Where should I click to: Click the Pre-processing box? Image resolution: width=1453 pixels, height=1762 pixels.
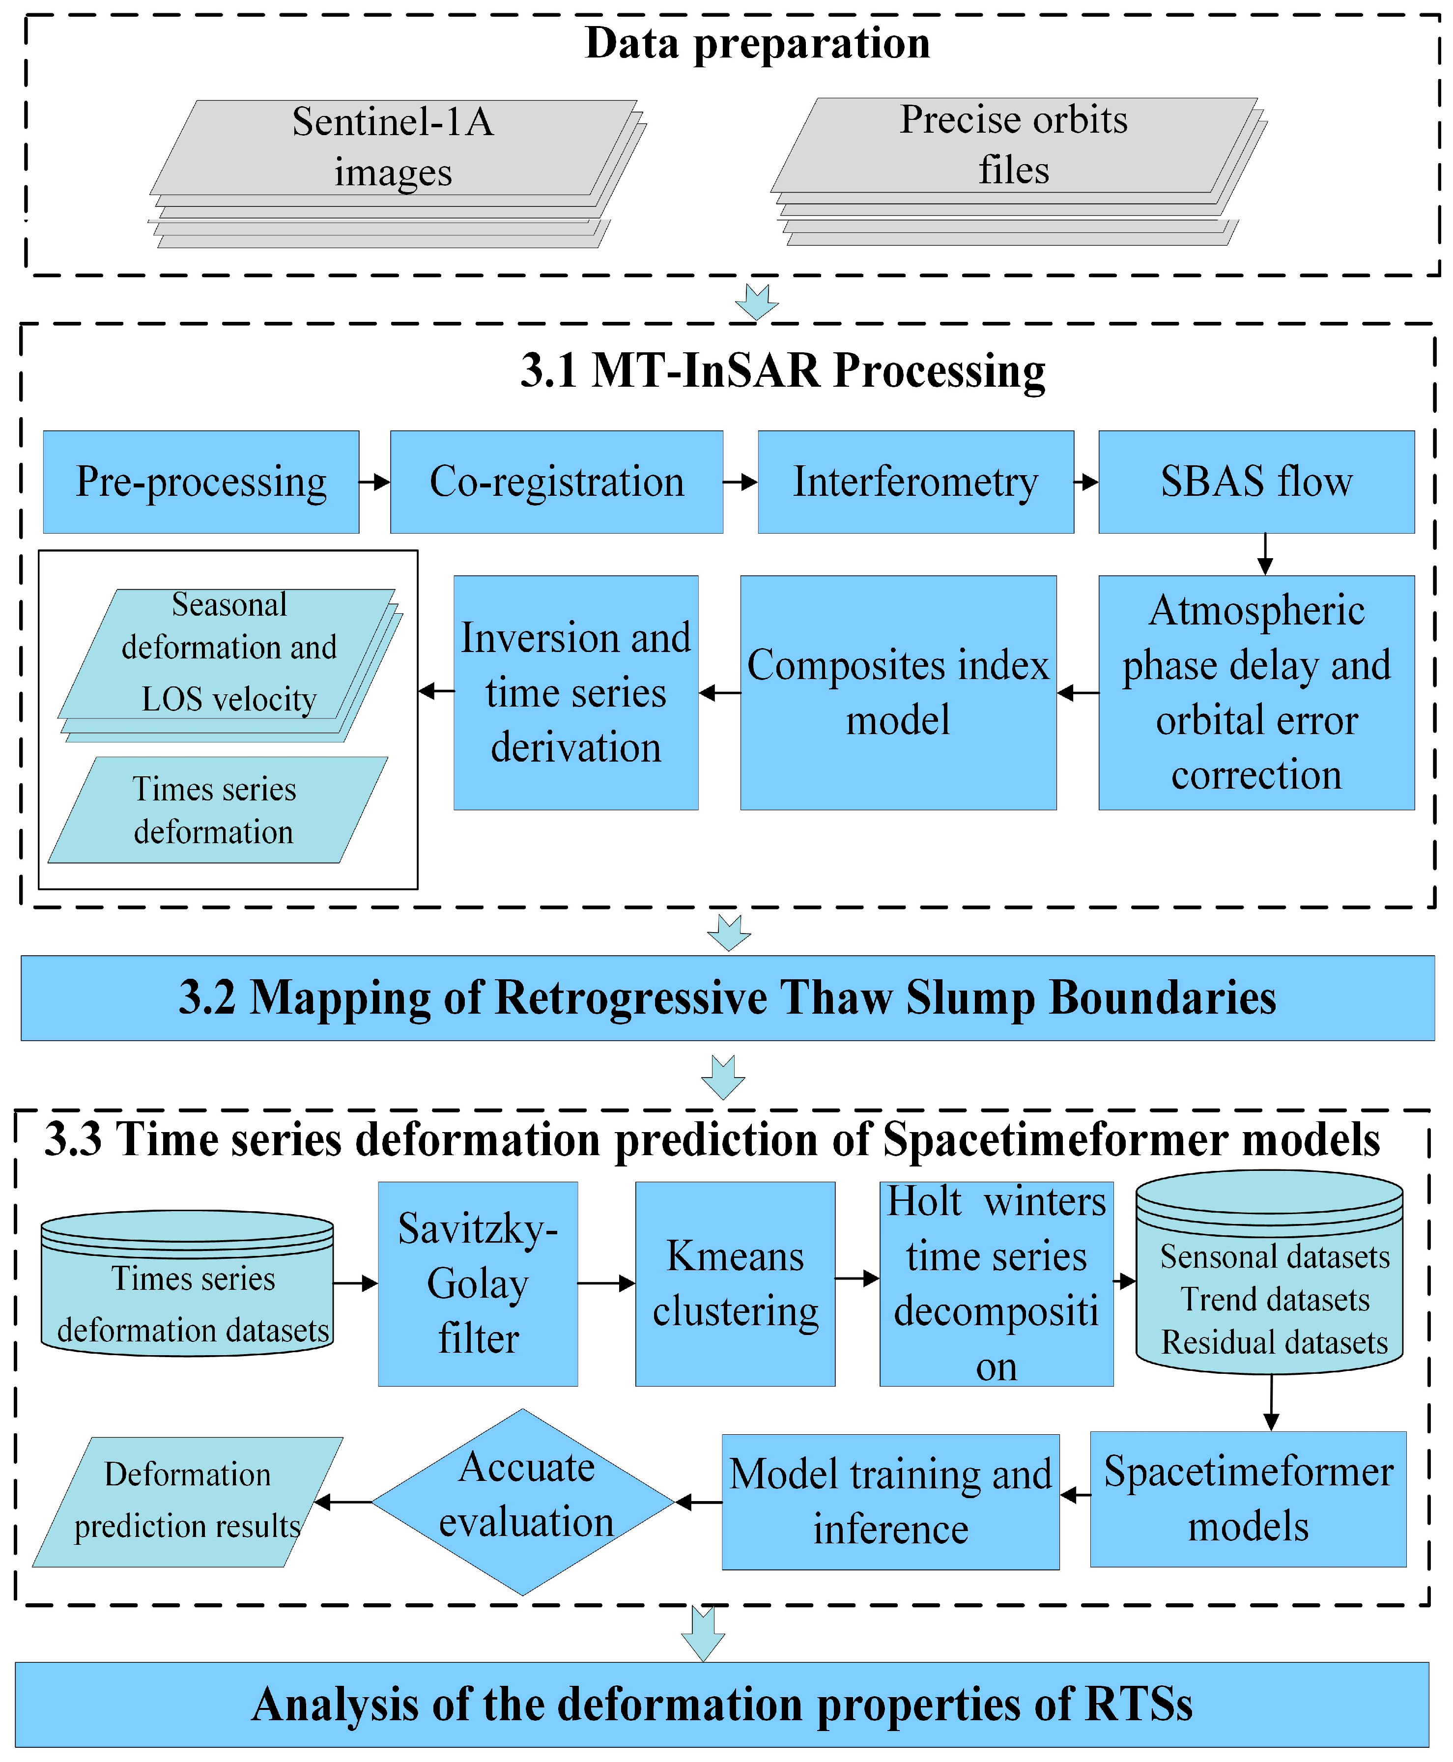pos(201,482)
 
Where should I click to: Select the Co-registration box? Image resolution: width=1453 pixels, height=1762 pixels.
pos(557,482)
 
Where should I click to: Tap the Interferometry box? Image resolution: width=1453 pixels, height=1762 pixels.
pos(915,482)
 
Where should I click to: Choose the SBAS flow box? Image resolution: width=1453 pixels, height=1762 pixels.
pos(1255,482)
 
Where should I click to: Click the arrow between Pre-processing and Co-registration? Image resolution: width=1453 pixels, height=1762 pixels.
pos(374,482)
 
